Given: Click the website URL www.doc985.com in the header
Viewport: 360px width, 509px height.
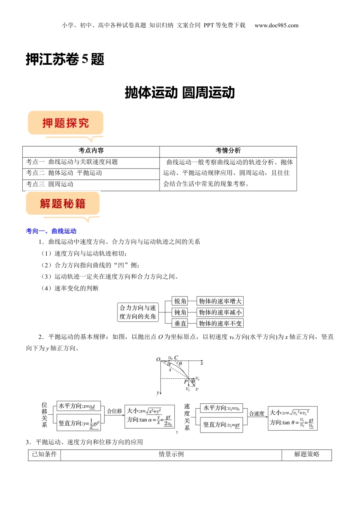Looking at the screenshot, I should point(276,25).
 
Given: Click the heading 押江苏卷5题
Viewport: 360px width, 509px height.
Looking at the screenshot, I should point(65,59).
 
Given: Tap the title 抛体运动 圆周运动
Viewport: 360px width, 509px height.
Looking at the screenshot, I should point(180,93).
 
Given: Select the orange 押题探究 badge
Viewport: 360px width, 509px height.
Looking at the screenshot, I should point(66,123).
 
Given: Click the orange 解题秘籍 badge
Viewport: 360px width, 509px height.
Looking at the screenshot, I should point(63,204).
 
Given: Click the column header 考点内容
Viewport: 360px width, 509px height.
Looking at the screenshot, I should point(91,151).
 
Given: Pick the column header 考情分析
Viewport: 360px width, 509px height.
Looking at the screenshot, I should point(228,151).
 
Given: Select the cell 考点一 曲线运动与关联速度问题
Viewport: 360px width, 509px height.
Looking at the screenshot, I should point(72,162).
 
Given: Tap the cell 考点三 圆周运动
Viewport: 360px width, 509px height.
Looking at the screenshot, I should point(50,184).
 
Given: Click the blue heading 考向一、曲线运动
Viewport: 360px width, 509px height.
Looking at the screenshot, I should point(51,231).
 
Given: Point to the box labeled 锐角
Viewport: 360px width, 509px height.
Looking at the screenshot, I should point(180,301).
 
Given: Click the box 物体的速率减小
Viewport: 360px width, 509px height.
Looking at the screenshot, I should point(220,312).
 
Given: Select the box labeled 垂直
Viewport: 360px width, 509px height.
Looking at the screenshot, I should point(180,323).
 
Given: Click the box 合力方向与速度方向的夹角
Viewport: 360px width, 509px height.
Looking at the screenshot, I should point(138,312).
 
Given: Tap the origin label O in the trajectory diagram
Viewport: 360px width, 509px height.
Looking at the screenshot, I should point(158,359).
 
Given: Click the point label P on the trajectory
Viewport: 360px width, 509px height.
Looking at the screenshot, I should point(186,381).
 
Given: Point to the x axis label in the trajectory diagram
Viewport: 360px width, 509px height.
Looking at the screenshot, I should point(202,363).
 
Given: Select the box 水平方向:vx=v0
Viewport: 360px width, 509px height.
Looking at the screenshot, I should point(221,408).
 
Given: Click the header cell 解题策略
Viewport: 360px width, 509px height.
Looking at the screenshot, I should point(307,454).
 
